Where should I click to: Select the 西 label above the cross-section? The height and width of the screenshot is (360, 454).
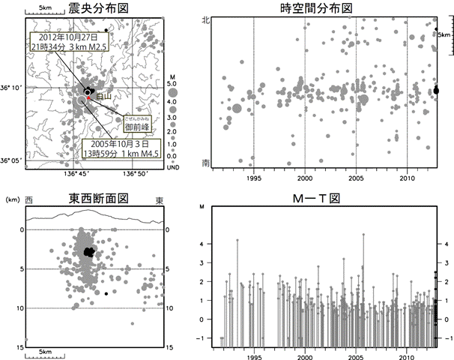click(x=29, y=200)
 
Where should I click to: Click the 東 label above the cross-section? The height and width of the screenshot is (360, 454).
click(x=159, y=200)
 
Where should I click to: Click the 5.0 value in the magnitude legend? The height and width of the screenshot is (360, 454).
click(x=173, y=85)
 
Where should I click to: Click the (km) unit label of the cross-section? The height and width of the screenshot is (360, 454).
click(x=12, y=200)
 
